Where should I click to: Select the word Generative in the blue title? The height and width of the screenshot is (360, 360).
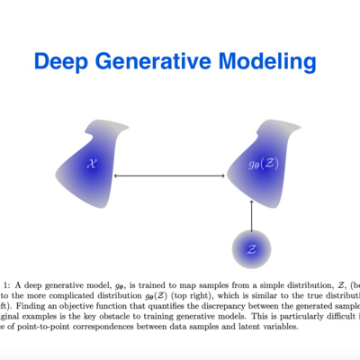click(159, 61)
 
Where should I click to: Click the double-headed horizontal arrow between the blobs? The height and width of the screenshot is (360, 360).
click(169, 175)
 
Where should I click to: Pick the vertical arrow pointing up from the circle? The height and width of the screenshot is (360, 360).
click(251, 215)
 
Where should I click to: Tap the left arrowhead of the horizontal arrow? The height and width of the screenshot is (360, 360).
click(117, 175)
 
